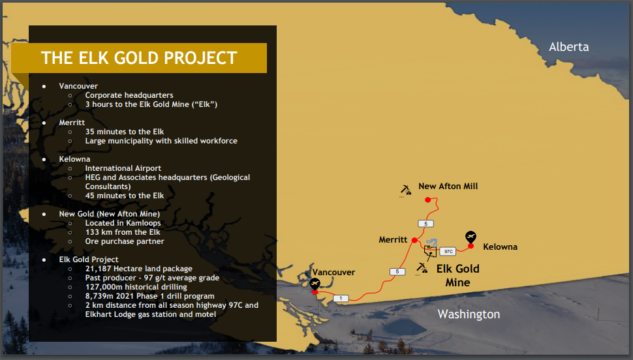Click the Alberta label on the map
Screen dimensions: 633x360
pos(568,47)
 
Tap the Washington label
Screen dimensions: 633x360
pos(469,314)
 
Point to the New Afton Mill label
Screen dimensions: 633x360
pos(448,186)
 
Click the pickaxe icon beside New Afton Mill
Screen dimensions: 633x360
pos(405,190)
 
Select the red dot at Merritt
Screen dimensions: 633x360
pos(414,240)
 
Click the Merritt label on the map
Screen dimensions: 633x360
pos(393,240)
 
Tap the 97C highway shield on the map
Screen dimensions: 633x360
pos(448,252)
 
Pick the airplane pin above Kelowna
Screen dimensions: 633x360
pos(471,237)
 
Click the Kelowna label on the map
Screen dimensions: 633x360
pos(500,247)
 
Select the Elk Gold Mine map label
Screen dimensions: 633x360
pos(458,275)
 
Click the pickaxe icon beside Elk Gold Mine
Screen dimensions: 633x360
pos(422,269)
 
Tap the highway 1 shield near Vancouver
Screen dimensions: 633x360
pos(341,298)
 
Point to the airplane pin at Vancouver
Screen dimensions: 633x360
pos(315,284)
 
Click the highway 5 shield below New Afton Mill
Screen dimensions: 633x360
pos(425,224)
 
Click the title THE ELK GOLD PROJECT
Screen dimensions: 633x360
pos(139,58)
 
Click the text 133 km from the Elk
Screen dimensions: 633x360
pos(123,232)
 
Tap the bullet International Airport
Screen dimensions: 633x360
pos(123,168)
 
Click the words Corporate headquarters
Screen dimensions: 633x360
pos(129,95)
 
